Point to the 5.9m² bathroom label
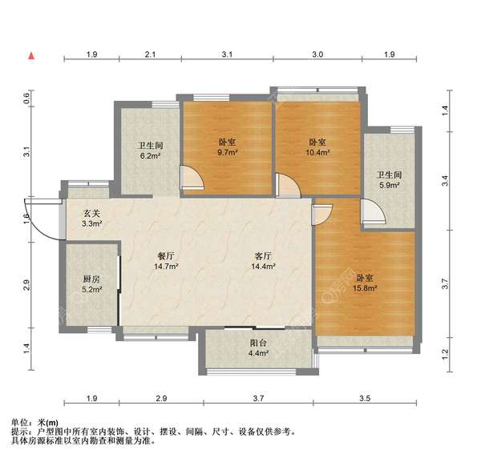pos(390,180)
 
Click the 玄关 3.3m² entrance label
pos(91,219)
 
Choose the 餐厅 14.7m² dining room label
pos(167,260)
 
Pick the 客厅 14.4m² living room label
pos(264,260)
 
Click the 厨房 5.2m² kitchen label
pos(91,283)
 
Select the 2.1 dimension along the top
pos(150,54)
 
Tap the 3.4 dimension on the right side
pos(445,182)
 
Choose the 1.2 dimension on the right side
pos(445,353)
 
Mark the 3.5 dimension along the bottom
pos(365,398)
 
